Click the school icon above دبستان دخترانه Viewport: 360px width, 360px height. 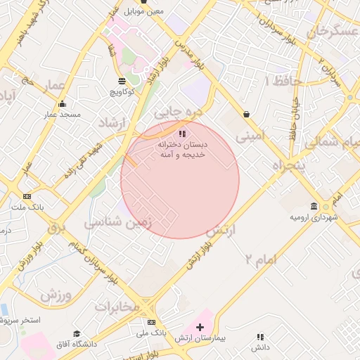(182, 133)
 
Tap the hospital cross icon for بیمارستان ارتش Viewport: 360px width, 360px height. (200, 327)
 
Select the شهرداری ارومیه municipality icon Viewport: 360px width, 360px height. (314, 206)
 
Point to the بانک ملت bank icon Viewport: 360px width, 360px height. (27, 197)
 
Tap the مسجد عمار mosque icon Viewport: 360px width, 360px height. (61, 103)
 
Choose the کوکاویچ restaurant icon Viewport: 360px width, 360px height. (122, 81)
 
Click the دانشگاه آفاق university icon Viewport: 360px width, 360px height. (76, 333)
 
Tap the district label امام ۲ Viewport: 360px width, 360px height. (261, 259)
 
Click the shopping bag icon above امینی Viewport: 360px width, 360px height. (246, 114)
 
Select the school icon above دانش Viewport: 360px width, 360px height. (261, 337)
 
